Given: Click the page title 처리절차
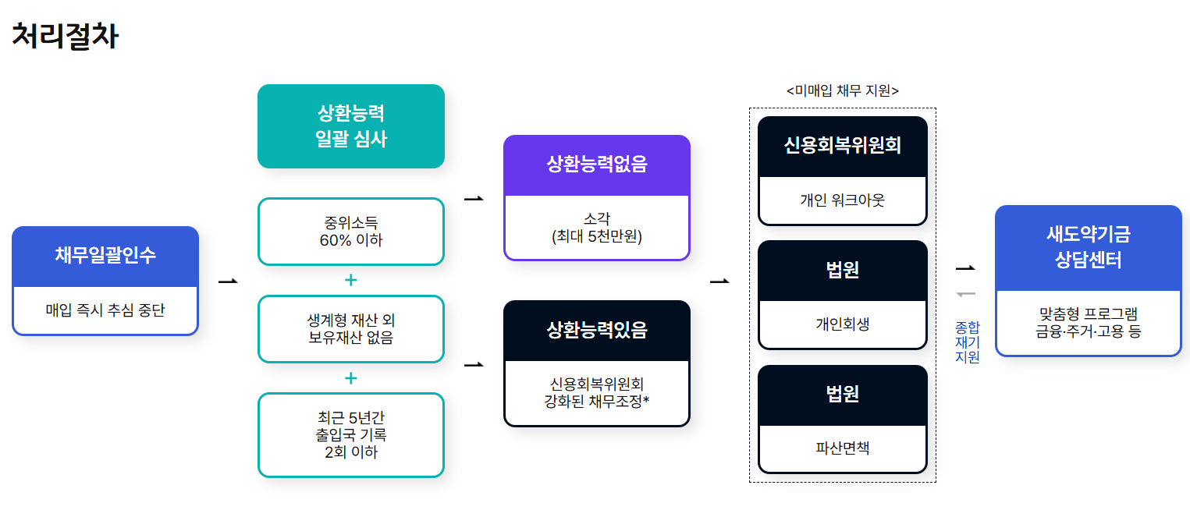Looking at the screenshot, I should coord(65,37).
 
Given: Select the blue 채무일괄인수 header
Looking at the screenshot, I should coord(105,255).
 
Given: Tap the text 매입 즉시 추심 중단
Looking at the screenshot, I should coord(105,310).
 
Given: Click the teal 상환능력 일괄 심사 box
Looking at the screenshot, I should coord(350,126).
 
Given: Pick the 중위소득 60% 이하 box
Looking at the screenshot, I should coord(350,232).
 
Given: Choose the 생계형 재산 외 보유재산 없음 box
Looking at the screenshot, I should coord(350,329).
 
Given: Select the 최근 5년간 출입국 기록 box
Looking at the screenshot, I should coord(350,434).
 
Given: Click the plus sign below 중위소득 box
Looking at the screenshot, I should coord(350,281).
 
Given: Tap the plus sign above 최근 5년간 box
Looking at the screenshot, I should coord(350,378).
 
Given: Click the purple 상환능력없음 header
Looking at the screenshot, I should coord(597,165).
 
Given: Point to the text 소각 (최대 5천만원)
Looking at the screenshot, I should coord(597,227).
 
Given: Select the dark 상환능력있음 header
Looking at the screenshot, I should coord(597,330).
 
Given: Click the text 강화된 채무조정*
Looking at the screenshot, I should coord(597,402).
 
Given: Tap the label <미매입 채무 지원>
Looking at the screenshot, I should coord(842,91).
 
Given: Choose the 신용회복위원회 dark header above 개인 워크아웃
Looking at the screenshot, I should coord(842,146).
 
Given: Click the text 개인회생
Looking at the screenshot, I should coord(842,324).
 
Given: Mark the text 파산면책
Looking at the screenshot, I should coord(842,448).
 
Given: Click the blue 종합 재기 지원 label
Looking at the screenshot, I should coord(967,342).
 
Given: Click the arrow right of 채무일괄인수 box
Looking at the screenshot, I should coord(228,281).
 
